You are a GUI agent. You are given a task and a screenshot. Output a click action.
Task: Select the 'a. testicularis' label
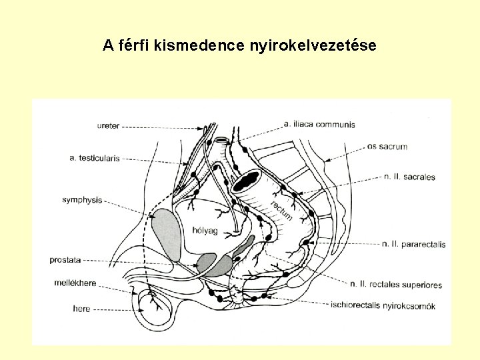(x=94, y=159)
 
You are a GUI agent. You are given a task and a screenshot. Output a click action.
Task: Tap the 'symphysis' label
(x=82, y=199)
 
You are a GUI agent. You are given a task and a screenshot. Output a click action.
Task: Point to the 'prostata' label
(x=65, y=260)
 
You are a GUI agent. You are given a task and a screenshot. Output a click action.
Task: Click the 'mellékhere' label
(x=75, y=283)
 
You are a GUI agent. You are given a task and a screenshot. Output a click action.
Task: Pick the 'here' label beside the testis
(x=83, y=309)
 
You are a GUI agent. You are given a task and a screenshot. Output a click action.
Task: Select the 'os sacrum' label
(x=387, y=146)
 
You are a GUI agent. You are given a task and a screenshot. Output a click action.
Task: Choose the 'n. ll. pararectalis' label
(x=413, y=245)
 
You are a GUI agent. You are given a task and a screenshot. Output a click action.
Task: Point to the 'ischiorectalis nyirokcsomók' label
(x=383, y=307)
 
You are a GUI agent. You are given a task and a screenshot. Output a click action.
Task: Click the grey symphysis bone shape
(x=167, y=233)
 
